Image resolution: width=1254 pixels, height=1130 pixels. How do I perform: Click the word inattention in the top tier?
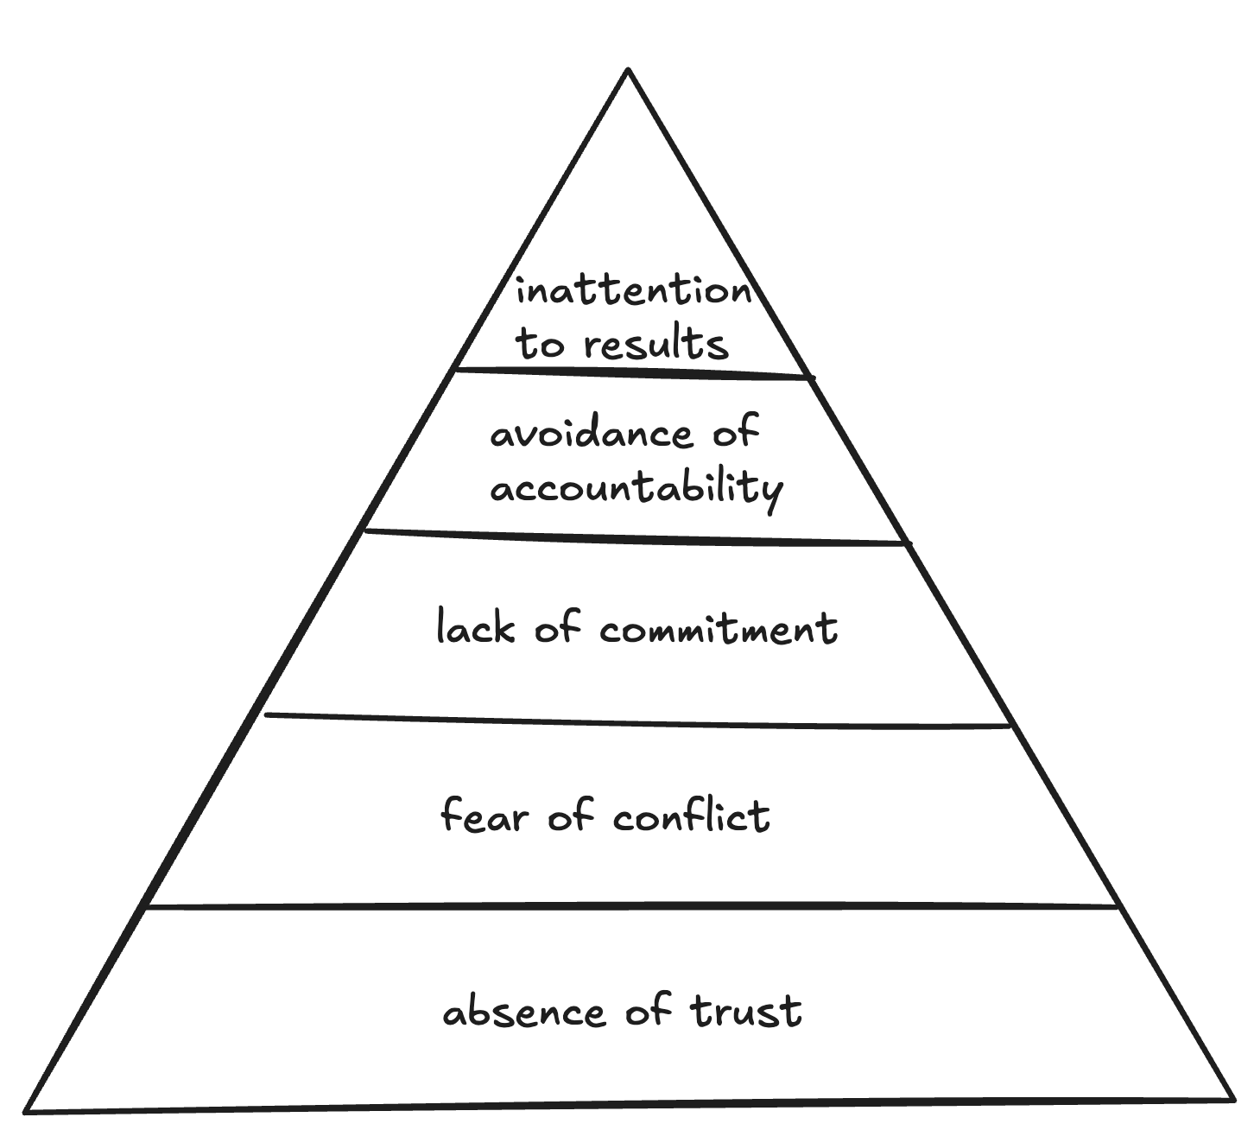(634, 291)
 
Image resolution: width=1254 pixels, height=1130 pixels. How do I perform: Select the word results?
(656, 344)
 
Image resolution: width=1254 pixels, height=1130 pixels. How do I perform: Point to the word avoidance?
(592, 433)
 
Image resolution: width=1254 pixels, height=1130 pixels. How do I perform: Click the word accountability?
(636, 489)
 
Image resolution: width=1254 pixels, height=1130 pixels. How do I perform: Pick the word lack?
(474, 628)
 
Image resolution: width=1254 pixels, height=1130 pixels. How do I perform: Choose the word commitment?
(719, 628)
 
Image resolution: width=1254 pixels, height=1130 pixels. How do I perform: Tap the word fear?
(483, 815)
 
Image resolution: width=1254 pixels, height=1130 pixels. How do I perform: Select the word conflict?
(691, 816)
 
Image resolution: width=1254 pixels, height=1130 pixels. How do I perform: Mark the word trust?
(746, 1011)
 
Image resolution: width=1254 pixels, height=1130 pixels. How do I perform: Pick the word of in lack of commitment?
(557, 627)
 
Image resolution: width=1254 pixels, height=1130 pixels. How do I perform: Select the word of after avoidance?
(736, 431)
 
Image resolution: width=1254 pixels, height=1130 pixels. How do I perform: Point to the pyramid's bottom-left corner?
(26, 1111)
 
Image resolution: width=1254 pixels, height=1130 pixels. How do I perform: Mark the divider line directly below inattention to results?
(632, 373)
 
